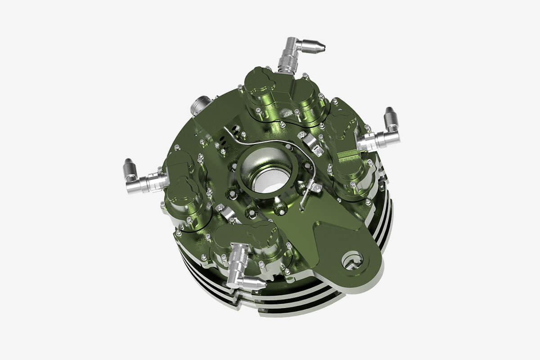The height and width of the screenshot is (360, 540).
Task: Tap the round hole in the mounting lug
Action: [352, 259]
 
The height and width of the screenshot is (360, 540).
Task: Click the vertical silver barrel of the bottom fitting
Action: [238, 261]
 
